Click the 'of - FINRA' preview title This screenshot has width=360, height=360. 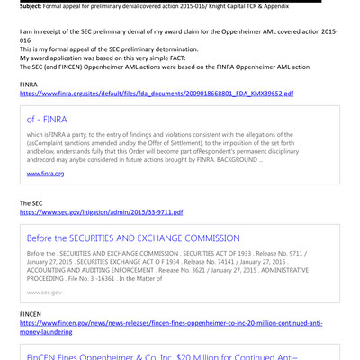tap(47, 119)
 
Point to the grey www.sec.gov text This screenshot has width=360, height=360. tap(44, 292)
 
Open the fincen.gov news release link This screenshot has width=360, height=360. tap(171, 322)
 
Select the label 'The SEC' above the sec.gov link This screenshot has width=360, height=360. tap(32, 203)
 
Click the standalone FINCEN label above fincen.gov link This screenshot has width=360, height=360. tap(32, 313)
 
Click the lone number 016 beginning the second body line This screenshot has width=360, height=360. tap(26, 40)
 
